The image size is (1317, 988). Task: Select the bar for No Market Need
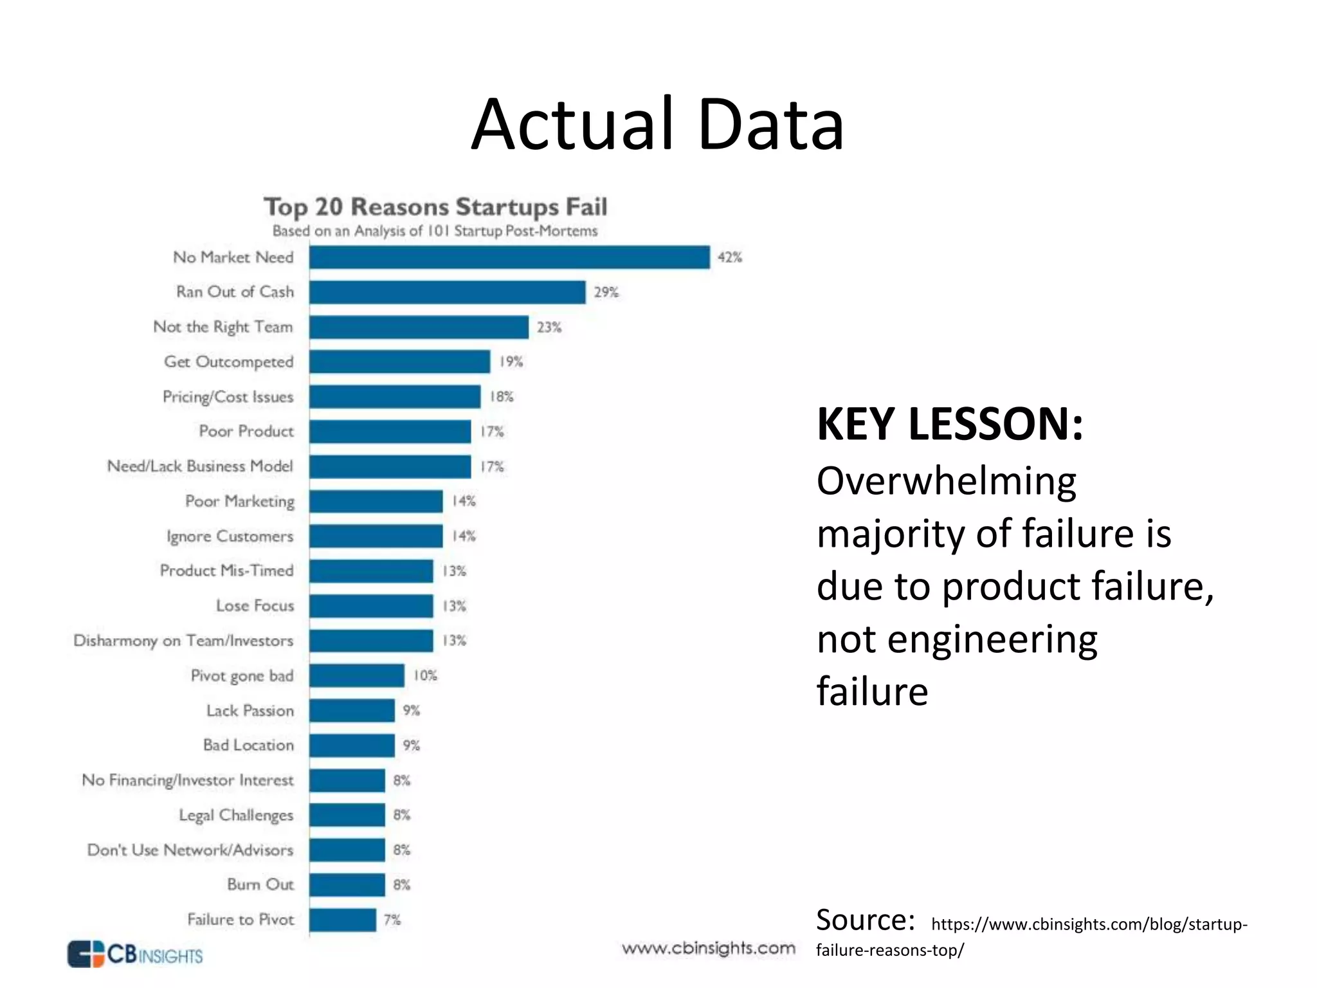(x=509, y=257)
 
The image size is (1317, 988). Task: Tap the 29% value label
(x=606, y=292)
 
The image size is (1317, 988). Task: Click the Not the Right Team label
(x=223, y=327)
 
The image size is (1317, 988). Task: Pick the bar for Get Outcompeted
(x=399, y=361)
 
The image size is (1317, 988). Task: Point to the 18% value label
(x=502, y=396)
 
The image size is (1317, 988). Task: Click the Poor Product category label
(x=246, y=431)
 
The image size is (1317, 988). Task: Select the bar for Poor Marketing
(x=376, y=501)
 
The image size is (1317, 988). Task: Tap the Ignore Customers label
(x=230, y=536)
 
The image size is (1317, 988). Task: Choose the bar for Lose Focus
(x=371, y=606)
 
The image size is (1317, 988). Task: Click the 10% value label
(x=425, y=675)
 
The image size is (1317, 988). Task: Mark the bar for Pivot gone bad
(x=356, y=675)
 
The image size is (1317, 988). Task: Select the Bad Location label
(x=248, y=745)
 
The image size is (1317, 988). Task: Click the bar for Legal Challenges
(x=347, y=815)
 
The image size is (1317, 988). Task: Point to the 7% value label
(x=392, y=920)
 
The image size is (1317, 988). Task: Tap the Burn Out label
(x=260, y=884)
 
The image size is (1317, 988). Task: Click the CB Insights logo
(x=135, y=954)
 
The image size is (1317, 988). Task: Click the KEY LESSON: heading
(x=950, y=425)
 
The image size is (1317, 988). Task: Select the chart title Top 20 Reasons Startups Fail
(x=435, y=207)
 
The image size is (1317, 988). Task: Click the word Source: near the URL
(x=865, y=920)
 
